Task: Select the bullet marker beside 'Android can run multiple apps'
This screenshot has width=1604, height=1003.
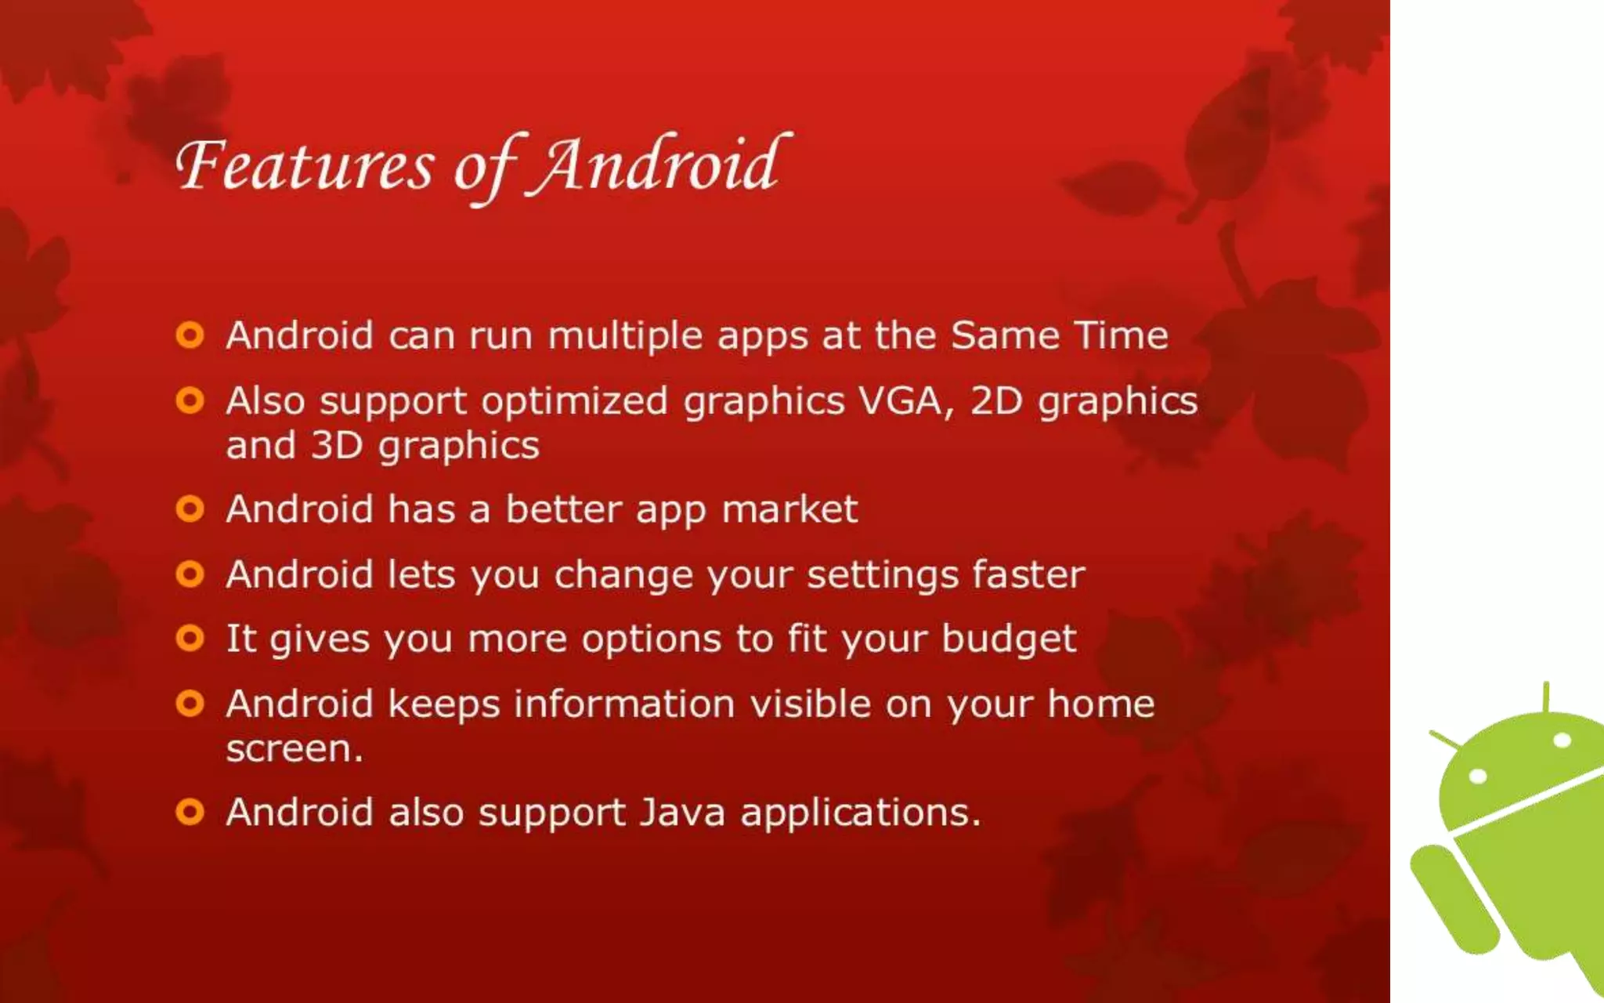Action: [190, 335]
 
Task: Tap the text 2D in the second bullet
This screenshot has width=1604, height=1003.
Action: [996, 401]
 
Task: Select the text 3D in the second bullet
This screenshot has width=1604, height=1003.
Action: [337, 445]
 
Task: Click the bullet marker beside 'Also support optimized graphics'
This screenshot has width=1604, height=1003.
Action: [190, 401]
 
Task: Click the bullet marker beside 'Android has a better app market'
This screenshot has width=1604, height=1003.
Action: [190, 509]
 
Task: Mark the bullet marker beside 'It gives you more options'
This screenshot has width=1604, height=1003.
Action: [190, 639]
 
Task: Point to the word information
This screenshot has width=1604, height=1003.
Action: [624, 704]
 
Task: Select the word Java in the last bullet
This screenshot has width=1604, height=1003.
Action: [682, 812]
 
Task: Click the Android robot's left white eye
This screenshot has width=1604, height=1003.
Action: [1478, 777]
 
